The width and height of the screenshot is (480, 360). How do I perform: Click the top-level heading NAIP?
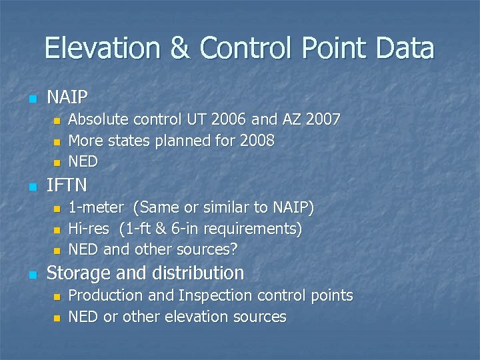[67, 98]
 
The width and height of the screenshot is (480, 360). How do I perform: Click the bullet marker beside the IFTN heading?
[31, 186]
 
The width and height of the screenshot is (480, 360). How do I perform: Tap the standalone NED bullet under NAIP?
[83, 161]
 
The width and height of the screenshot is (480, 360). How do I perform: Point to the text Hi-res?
[91, 229]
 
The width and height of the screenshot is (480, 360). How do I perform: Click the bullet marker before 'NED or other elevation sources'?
[57, 317]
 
